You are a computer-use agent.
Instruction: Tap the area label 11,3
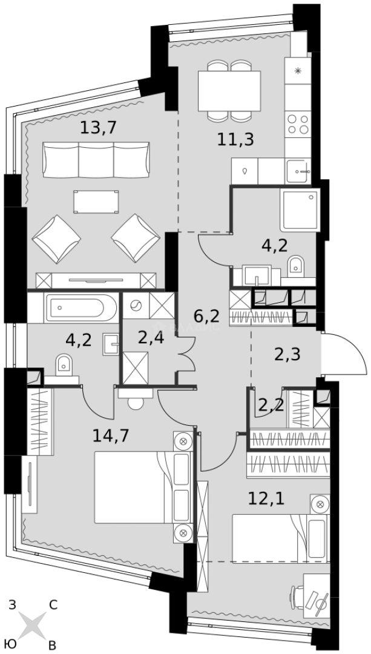pos(235,140)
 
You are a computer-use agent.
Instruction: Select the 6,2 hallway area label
pos(206,315)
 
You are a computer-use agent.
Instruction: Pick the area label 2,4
pos(151,337)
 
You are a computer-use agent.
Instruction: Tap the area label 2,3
pos(287,355)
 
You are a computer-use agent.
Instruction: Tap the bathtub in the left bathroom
pos(81,308)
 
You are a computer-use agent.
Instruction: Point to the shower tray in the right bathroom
pos(300,210)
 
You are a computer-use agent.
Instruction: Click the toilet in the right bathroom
pos(295,265)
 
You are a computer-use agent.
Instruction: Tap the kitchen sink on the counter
pos(299,171)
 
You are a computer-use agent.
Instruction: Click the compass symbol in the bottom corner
pos(32,624)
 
